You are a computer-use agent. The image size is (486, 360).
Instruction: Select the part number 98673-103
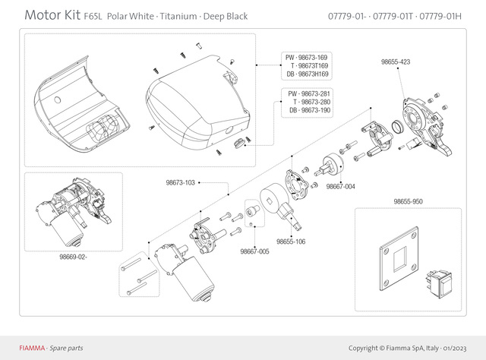181,182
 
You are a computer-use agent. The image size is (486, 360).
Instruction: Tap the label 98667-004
341,186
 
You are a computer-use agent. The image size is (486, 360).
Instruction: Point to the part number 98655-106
291,241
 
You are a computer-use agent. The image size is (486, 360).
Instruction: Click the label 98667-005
254,251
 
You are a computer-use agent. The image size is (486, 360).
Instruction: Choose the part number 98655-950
408,202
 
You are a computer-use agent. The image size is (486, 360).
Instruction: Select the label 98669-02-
74,257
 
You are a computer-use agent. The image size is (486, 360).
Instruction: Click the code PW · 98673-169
307,58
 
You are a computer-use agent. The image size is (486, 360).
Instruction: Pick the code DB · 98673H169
307,74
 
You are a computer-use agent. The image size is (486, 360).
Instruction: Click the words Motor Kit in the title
51,15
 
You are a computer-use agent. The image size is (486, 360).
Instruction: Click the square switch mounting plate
399,263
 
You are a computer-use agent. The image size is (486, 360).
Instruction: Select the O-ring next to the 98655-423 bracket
397,125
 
